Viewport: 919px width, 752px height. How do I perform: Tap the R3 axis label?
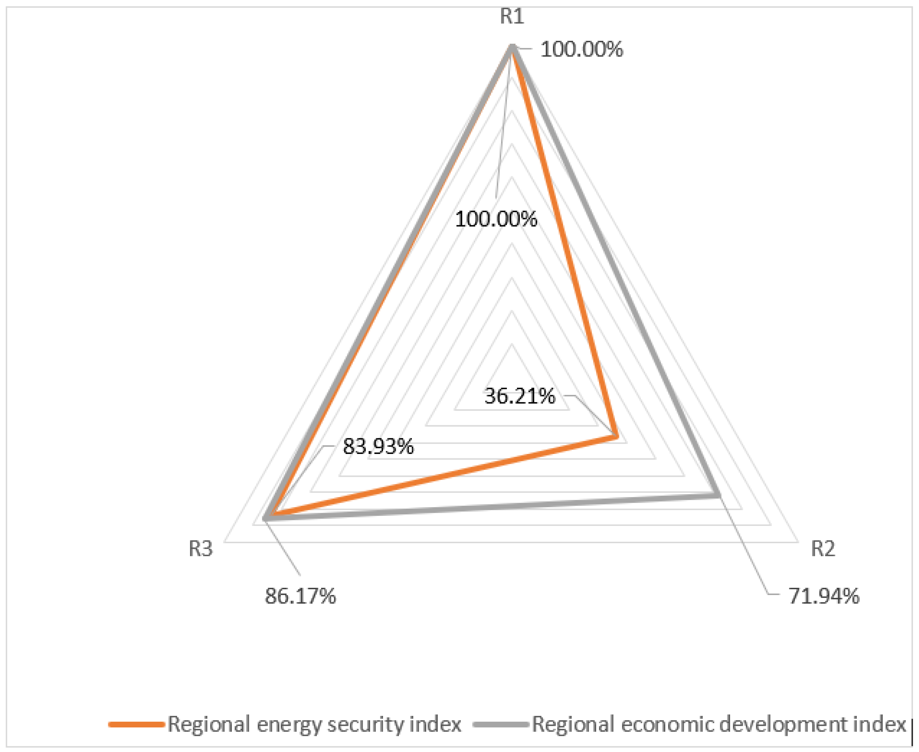[201, 549]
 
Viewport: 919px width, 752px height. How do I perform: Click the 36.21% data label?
[520, 396]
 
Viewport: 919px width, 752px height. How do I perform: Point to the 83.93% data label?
[378, 446]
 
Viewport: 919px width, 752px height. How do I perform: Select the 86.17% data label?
[300, 596]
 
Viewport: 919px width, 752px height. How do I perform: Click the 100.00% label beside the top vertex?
[582, 49]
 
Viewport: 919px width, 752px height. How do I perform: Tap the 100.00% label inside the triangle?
[496, 219]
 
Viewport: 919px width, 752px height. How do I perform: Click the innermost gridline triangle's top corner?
[512, 344]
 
